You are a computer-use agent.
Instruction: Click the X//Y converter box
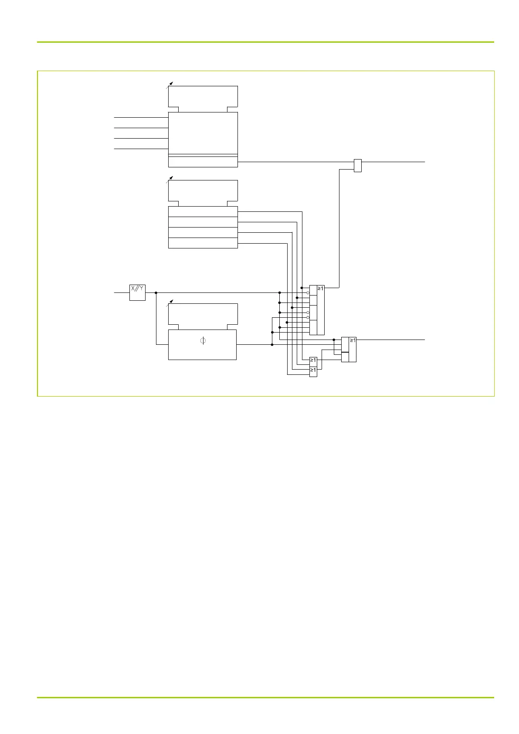pyautogui.click(x=137, y=292)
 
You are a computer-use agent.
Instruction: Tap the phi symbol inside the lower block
pyautogui.click(x=203, y=341)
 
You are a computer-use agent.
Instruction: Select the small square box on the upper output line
pyautogui.click(x=357, y=166)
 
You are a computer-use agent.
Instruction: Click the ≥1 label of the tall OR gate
pyautogui.click(x=321, y=289)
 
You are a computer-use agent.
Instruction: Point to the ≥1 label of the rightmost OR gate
pyautogui.click(x=353, y=340)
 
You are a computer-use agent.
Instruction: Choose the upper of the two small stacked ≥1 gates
pyautogui.click(x=313, y=360)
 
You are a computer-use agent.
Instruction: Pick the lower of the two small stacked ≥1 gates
pyautogui.click(x=313, y=370)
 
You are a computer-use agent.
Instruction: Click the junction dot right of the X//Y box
pyautogui.click(x=156, y=293)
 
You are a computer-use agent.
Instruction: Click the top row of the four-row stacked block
pyautogui.click(x=203, y=211)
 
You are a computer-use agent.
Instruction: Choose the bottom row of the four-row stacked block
pyautogui.click(x=203, y=243)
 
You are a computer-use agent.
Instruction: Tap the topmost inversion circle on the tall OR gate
pyautogui.click(x=308, y=293)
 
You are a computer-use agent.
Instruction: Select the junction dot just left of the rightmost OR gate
pyautogui.click(x=334, y=340)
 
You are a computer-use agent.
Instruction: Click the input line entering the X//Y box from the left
pyautogui.click(x=122, y=293)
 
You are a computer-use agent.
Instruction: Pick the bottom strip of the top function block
pyautogui.click(x=203, y=162)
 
